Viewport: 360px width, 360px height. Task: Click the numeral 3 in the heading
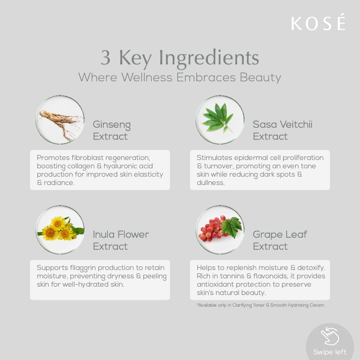[x=106, y=57]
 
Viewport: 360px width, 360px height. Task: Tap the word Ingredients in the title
[x=209, y=58]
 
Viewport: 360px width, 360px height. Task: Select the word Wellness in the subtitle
[x=147, y=77]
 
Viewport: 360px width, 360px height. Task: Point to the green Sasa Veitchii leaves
[x=217, y=118]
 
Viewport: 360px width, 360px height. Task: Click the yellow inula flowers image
[x=60, y=229]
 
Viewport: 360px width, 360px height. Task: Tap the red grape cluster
[x=212, y=228]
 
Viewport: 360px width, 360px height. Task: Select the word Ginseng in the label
[x=112, y=125]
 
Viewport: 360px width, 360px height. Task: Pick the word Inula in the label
[x=103, y=234]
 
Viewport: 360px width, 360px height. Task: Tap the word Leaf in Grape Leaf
[x=296, y=234]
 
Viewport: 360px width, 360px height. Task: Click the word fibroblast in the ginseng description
[x=87, y=158]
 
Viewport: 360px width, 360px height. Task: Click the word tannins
[x=232, y=276]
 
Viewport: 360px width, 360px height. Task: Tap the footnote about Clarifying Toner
[x=261, y=305]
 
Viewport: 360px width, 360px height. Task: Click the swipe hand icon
[x=330, y=336]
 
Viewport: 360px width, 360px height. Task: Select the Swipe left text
[x=330, y=352]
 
